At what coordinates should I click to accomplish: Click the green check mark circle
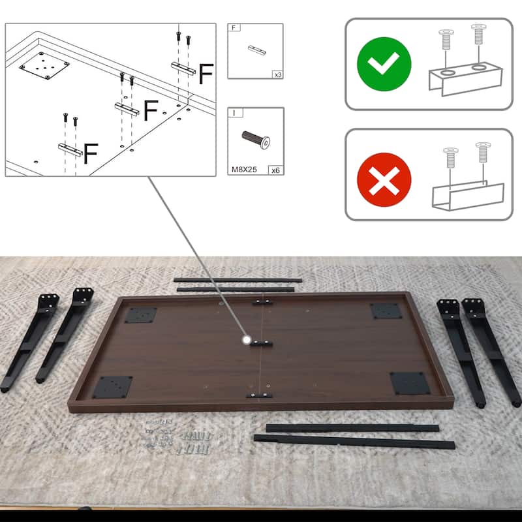(384, 64)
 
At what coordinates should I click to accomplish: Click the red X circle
(384, 180)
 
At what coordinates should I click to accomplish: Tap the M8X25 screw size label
(244, 170)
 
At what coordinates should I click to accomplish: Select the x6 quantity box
(275, 170)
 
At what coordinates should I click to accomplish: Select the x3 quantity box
(278, 74)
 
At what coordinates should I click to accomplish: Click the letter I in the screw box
(234, 113)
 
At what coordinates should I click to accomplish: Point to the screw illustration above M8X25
(256, 140)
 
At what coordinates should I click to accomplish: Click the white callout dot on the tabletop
(247, 340)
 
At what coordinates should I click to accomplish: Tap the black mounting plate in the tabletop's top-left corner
(141, 315)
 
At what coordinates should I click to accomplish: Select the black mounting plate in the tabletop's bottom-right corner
(410, 383)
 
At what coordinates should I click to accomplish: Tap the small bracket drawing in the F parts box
(257, 50)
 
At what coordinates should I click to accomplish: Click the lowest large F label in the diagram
(91, 153)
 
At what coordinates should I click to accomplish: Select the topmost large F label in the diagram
(206, 74)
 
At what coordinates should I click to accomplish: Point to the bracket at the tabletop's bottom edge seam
(259, 395)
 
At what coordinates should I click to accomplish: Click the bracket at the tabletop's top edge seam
(262, 302)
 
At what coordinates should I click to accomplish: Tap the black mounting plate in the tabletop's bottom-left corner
(112, 387)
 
